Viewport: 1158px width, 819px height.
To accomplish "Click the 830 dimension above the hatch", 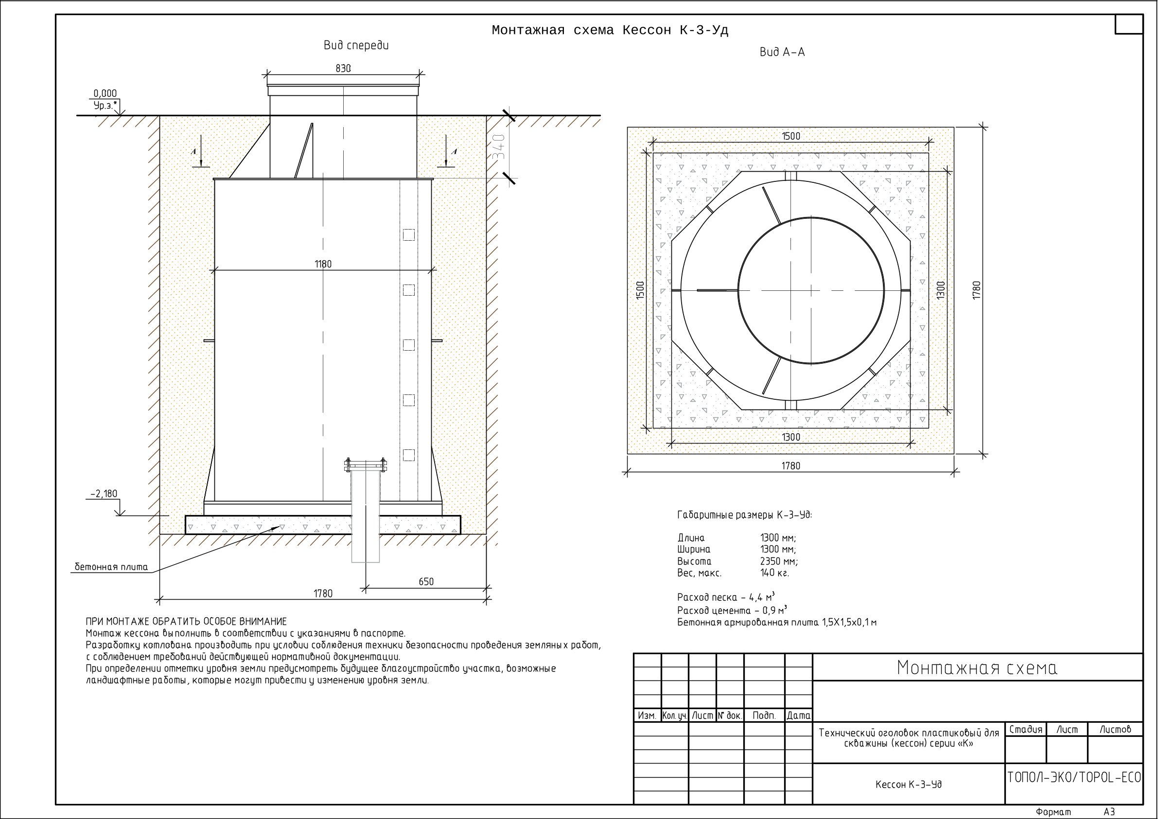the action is [x=343, y=69].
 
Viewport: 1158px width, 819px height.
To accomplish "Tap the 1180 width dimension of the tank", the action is [x=323, y=265].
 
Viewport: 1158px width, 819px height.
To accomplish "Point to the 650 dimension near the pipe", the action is [x=426, y=582].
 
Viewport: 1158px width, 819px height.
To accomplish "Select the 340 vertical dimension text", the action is [x=499, y=147].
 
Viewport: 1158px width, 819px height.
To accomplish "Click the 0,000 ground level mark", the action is [x=105, y=93].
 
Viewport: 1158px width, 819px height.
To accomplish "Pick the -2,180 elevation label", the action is [x=104, y=494].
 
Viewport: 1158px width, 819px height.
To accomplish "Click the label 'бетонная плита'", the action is [x=111, y=567].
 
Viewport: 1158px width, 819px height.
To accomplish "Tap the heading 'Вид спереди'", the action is [x=356, y=46].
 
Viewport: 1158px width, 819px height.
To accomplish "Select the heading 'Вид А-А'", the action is [x=782, y=53].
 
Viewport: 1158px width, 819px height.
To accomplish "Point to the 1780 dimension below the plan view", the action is [x=791, y=466].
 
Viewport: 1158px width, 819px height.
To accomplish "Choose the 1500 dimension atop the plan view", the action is [x=791, y=136].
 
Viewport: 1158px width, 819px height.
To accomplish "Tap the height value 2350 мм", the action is [x=779, y=562].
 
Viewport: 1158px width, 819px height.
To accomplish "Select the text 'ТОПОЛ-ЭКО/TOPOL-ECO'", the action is [x=1074, y=778].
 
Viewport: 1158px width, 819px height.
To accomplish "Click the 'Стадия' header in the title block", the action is [x=1026, y=730].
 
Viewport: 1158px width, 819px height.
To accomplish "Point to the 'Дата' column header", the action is [x=799, y=715].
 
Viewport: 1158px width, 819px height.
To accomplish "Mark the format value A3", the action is [x=1109, y=812].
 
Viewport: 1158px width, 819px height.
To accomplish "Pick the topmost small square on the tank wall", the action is [x=408, y=234].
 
